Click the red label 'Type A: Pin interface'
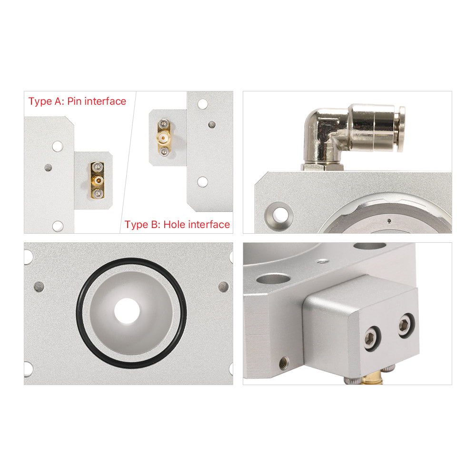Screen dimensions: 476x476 tap(77, 101)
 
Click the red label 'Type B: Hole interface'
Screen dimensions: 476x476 tap(177, 224)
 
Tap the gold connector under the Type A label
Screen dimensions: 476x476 tap(98, 180)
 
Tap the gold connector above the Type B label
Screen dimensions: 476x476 tap(164, 138)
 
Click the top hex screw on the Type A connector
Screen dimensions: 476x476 tap(98, 167)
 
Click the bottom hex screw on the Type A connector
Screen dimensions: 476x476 tap(98, 193)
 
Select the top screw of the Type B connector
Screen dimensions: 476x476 tap(164, 124)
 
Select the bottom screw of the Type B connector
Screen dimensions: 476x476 tap(164, 152)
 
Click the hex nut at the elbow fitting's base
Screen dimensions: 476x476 tap(322, 167)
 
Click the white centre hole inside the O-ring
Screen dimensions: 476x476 tap(127, 310)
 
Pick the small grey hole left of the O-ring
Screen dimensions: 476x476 tap(39, 286)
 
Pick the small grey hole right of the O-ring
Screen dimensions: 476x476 tap(223, 286)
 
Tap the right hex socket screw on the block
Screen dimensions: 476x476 tap(406, 326)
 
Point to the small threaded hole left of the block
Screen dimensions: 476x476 tap(284, 363)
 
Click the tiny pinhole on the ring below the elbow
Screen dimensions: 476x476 tap(389, 221)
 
